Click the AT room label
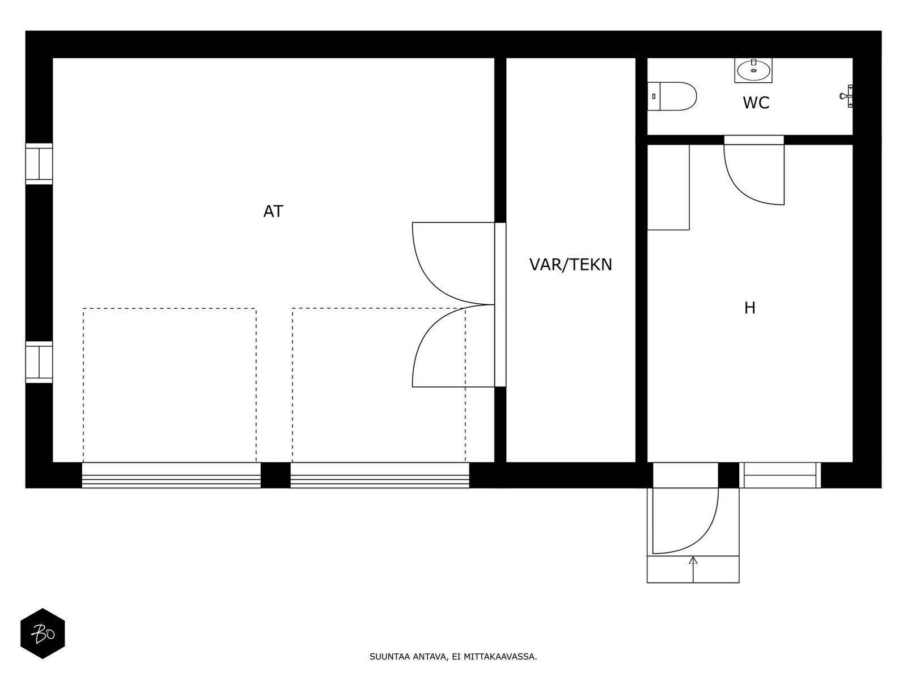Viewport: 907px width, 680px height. click(273, 211)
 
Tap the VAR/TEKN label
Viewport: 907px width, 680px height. click(571, 265)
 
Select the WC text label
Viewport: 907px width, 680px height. click(756, 103)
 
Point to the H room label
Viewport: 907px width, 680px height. click(750, 308)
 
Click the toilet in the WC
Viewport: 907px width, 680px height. click(672, 96)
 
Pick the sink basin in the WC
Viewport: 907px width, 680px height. click(753, 71)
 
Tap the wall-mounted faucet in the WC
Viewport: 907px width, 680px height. click(846, 96)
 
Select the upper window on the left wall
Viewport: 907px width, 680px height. click(39, 164)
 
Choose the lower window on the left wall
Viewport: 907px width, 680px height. click(39, 362)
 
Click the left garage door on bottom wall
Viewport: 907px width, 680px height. click(171, 475)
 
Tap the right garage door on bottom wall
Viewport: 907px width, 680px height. click(380, 475)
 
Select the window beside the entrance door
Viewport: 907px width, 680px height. click(780, 475)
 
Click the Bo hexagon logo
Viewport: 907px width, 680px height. click(43, 634)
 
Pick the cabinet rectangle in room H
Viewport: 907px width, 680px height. click(668, 187)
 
